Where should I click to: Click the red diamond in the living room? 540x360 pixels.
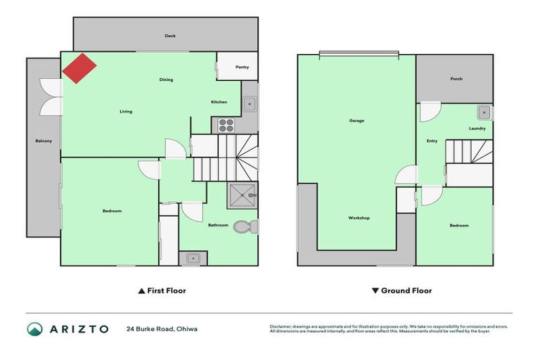tap(79, 67)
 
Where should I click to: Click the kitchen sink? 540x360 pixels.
tap(250, 105)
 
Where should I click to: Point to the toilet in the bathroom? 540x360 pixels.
tap(243, 227)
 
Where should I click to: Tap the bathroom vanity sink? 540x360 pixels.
tap(193, 259)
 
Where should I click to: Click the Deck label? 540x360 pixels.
tap(170, 35)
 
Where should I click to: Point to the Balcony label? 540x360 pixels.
tap(44, 141)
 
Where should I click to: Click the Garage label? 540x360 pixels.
tap(356, 121)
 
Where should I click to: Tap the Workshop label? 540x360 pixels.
tap(359, 218)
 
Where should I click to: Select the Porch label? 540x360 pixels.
tap(456, 79)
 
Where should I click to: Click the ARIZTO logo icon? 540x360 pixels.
tap(35, 328)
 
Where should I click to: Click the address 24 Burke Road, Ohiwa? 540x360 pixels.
tap(162, 328)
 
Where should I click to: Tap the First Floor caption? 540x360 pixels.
tap(162, 290)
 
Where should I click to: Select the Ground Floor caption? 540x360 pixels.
tap(401, 290)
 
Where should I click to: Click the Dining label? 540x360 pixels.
tap(166, 80)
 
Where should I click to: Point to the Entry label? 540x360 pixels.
tap(432, 141)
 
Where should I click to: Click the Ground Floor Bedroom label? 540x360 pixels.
tap(459, 226)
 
